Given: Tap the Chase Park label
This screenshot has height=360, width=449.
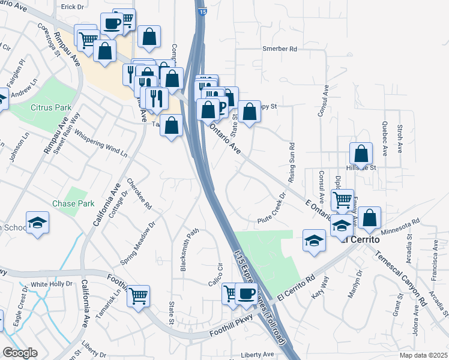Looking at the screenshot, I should (x=77, y=203).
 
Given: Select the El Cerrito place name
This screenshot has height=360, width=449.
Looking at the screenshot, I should (x=361, y=239).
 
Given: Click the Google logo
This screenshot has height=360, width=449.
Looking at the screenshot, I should (x=20, y=353).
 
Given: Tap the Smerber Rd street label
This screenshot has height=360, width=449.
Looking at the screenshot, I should (x=280, y=49).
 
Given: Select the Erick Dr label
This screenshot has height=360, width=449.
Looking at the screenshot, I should (x=73, y=7).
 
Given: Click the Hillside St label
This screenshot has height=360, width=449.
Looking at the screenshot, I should (x=364, y=168).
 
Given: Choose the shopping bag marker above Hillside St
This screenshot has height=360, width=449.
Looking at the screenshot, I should (x=361, y=153).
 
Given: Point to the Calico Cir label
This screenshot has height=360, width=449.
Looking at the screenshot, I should (x=217, y=272).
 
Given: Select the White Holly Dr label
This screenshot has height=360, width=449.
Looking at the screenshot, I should (x=51, y=284).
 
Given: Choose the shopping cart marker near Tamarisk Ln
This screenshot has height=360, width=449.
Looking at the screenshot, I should (x=139, y=295).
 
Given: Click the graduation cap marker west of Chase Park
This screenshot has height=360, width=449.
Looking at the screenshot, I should (x=37, y=223).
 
